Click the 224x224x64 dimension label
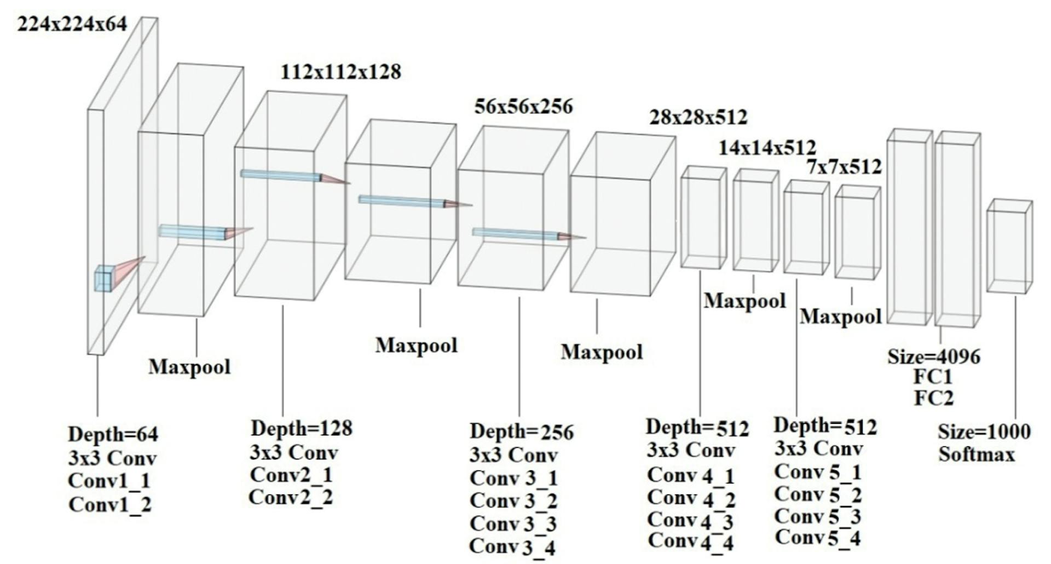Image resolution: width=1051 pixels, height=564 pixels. coord(72,25)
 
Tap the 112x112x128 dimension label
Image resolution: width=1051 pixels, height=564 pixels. coord(340,72)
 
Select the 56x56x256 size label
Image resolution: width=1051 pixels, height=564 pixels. coord(523,106)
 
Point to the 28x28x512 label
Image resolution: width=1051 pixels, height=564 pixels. coord(698,117)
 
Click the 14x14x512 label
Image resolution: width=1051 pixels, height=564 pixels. coord(767,147)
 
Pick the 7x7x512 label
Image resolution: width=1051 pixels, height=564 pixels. coord(844,167)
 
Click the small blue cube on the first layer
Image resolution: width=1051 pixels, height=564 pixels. coord(103,279)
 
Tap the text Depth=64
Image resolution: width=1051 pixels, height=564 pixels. coord(113,434)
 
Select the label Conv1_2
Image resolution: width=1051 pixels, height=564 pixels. coord(109,504)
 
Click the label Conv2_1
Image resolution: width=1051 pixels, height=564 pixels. coord(291,475)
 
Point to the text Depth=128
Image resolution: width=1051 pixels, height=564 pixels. coord(302,428)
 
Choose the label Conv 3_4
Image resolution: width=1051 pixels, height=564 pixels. coord(513,546)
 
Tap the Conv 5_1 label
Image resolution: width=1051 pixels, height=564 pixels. coord(818,472)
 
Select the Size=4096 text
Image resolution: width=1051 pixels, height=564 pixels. coord(934,357)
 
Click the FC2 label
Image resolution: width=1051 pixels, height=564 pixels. coord(934,398)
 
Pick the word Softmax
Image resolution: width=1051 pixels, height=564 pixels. coord(977,454)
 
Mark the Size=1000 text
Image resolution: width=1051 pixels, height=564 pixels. coord(984,432)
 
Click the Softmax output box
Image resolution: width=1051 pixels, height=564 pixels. coord(1009,246)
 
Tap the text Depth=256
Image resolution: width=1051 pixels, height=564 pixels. coord(522,432)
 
